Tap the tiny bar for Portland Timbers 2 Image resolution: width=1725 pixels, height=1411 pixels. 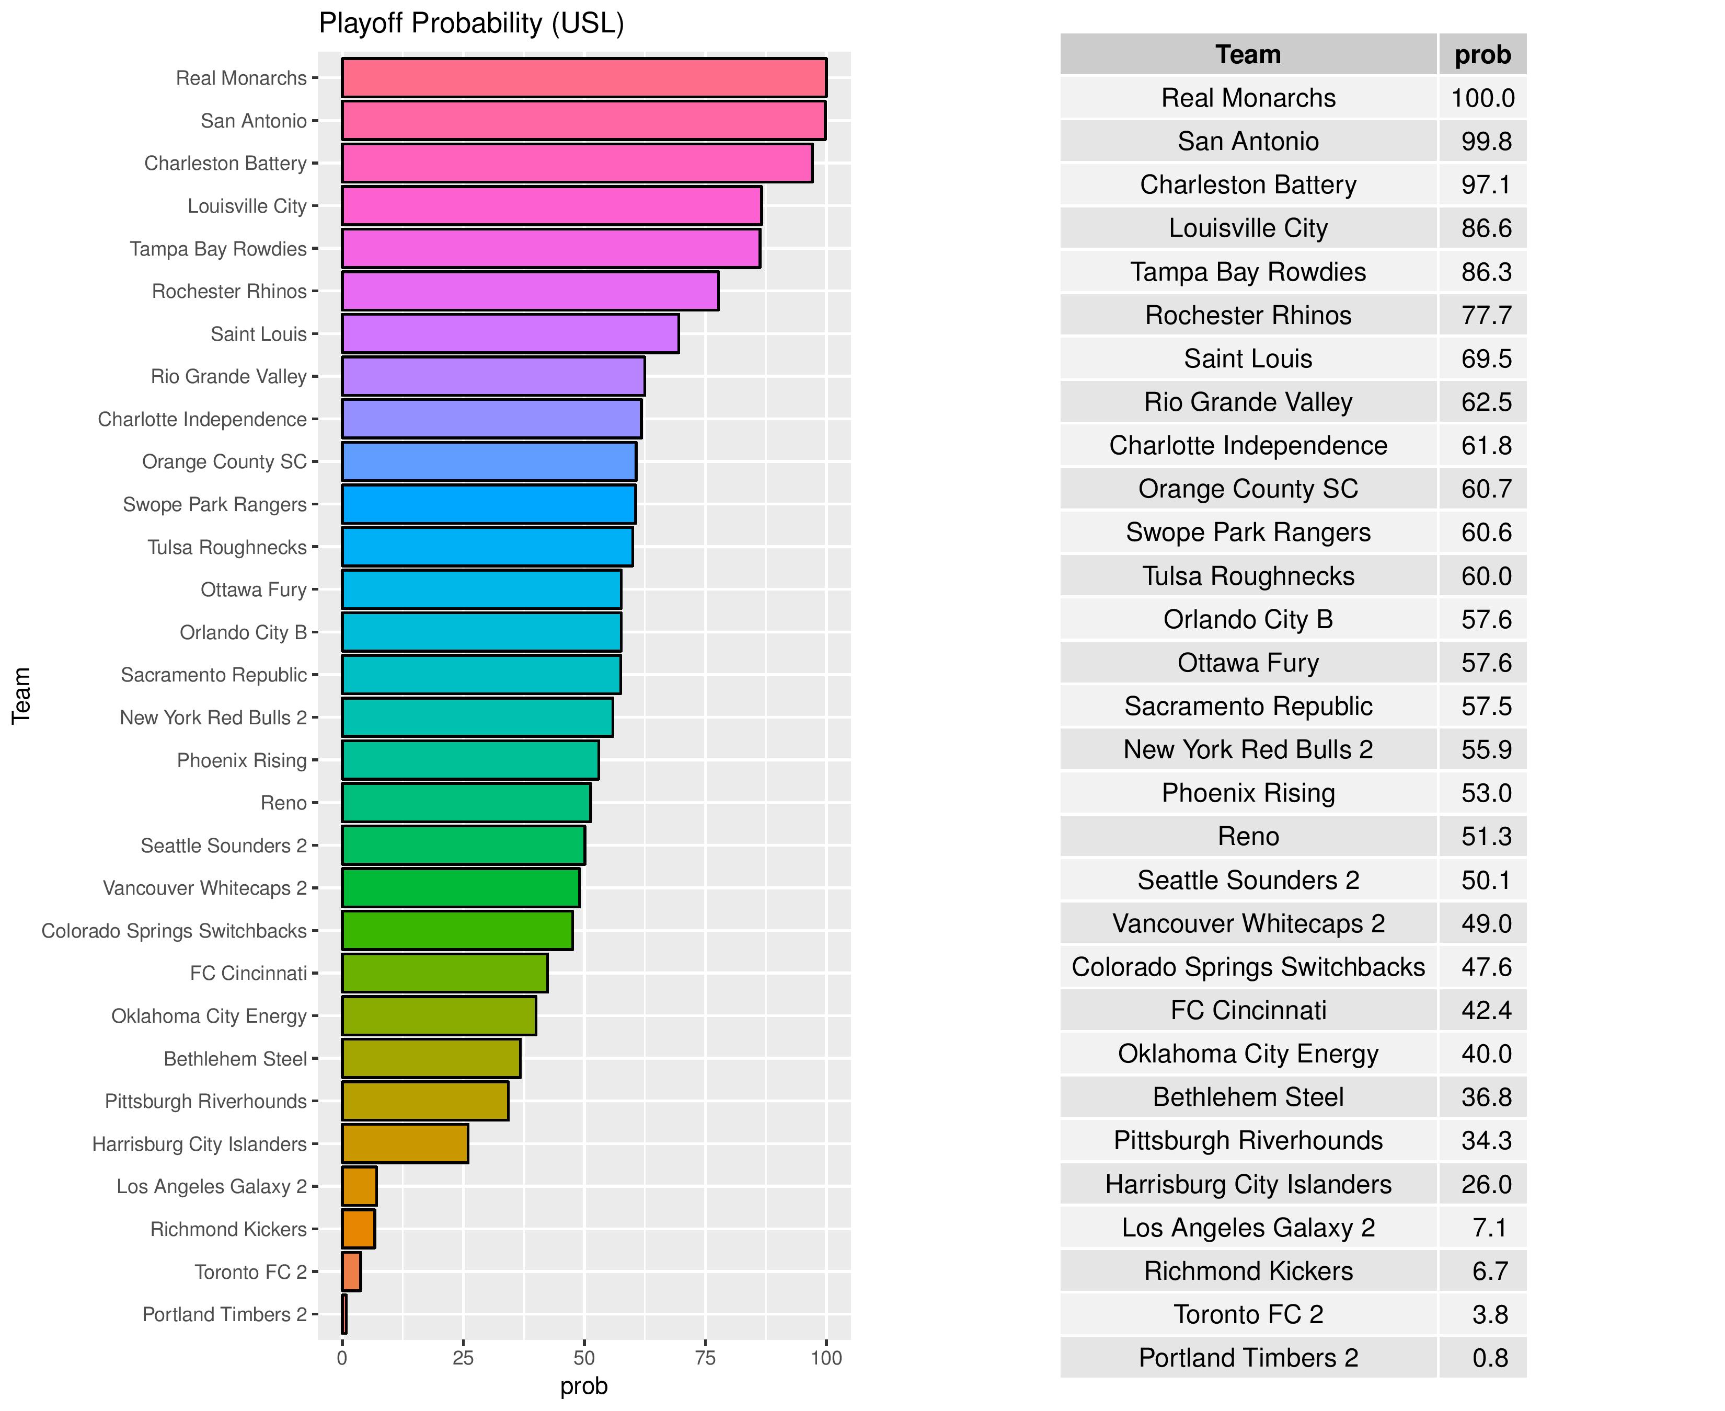pos(344,1314)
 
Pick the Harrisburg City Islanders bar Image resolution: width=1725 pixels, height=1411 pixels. pos(404,1143)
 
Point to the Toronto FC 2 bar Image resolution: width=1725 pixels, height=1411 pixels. pos(351,1271)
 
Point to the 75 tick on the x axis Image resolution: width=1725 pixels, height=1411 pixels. pos(705,1357)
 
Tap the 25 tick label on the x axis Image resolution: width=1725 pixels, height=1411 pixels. pos(463,1357)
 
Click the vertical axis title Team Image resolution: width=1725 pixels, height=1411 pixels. pos(21,695)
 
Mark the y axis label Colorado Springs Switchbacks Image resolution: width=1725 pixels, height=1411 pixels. pos(174,931)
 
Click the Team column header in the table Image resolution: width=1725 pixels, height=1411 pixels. pos(1247,54)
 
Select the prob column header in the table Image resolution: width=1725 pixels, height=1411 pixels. pos(1482,54)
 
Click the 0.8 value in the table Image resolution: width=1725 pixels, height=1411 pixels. pos(1489,1357)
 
